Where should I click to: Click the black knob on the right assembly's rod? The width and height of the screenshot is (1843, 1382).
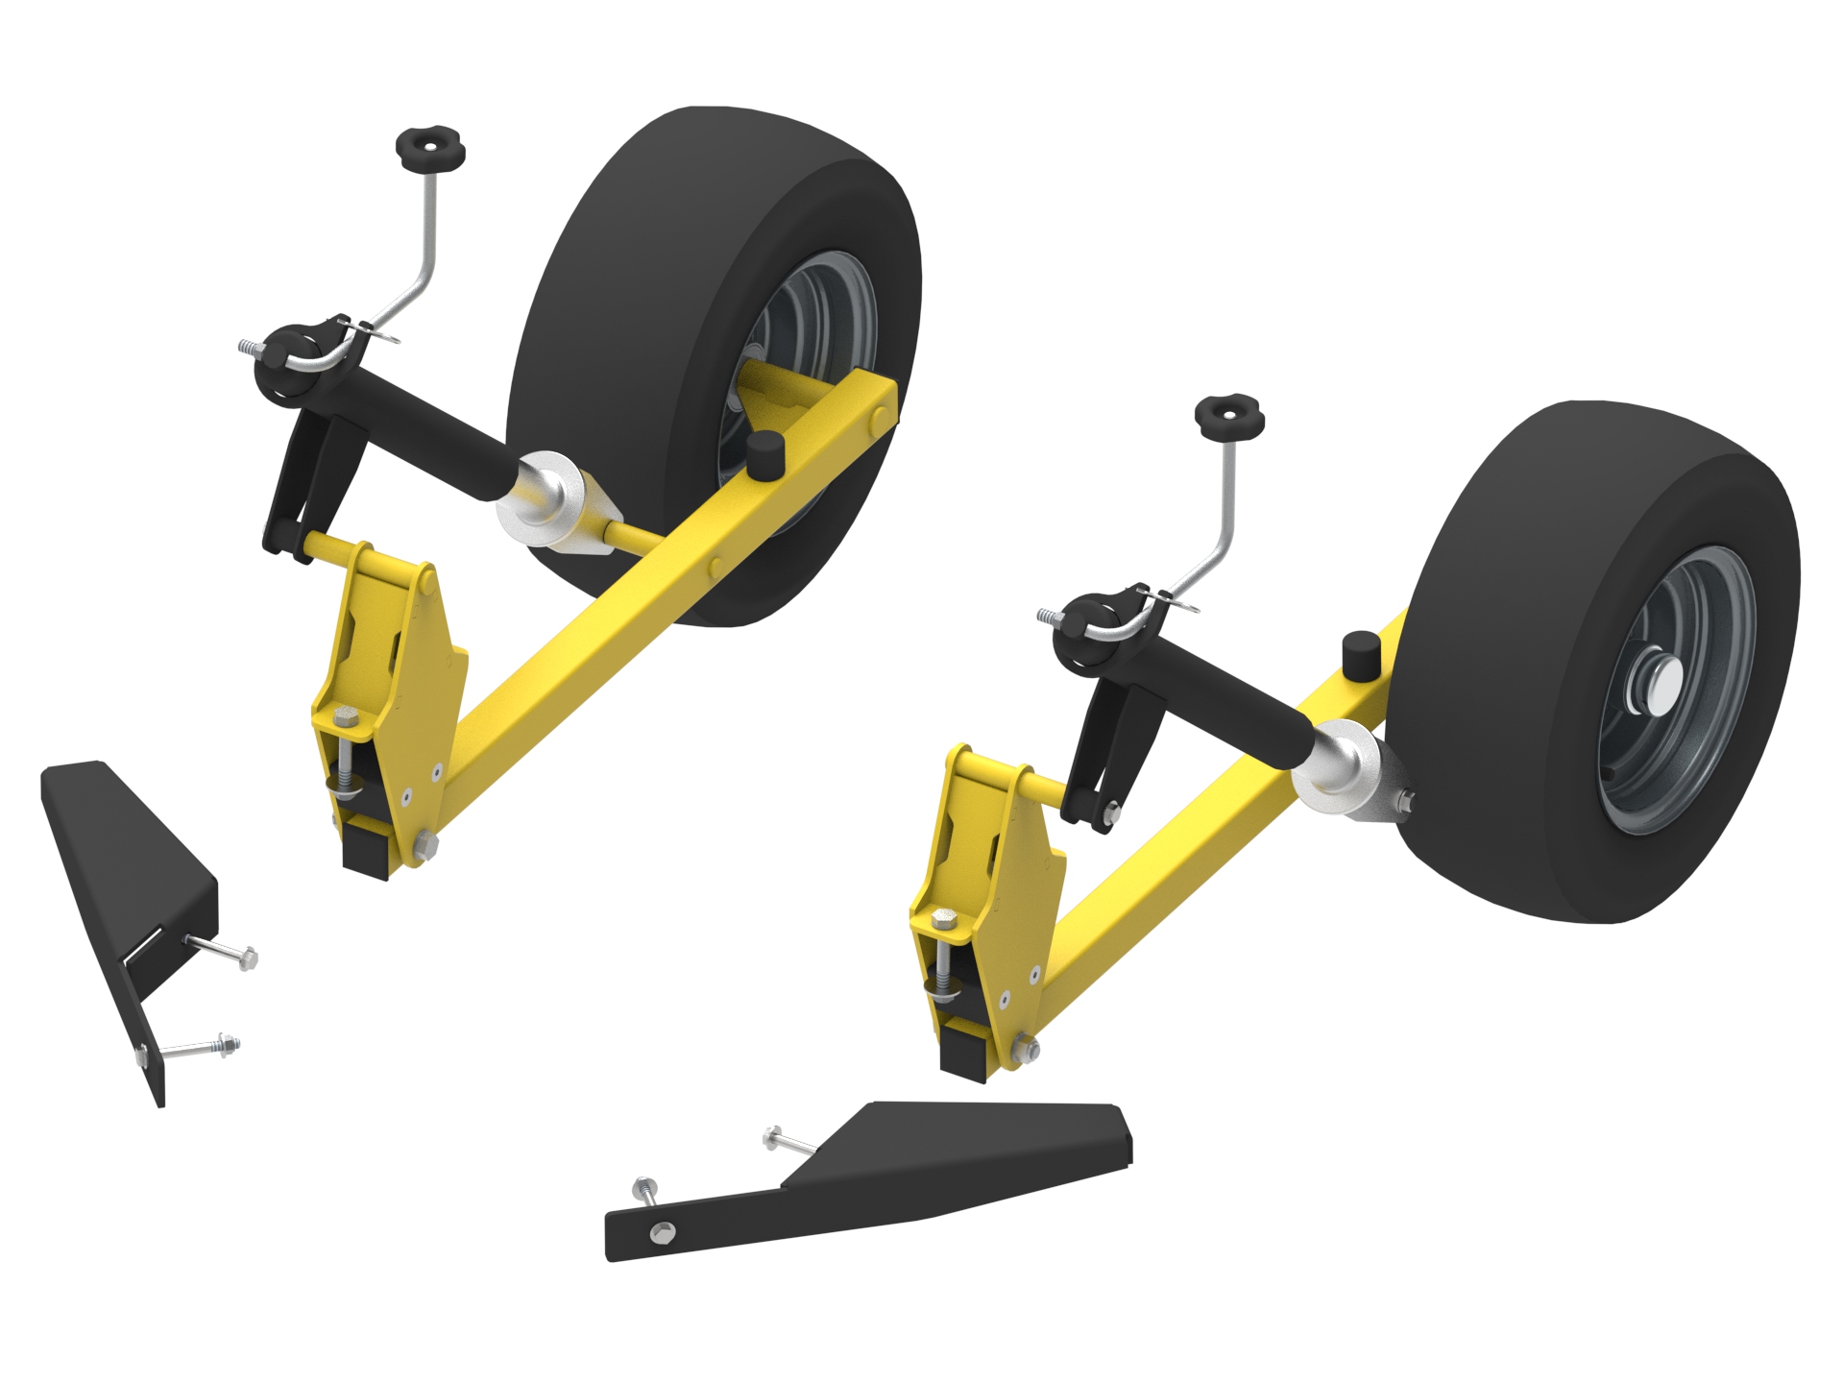coord(1228,417)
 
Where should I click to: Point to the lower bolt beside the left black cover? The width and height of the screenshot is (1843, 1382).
coord(202,1046)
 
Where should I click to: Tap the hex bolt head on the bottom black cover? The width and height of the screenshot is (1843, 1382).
coord(663,1232)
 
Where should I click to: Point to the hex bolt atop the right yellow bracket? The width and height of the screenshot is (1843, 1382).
coord(945,923)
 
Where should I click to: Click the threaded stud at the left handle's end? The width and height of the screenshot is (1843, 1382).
coord(248,347)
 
